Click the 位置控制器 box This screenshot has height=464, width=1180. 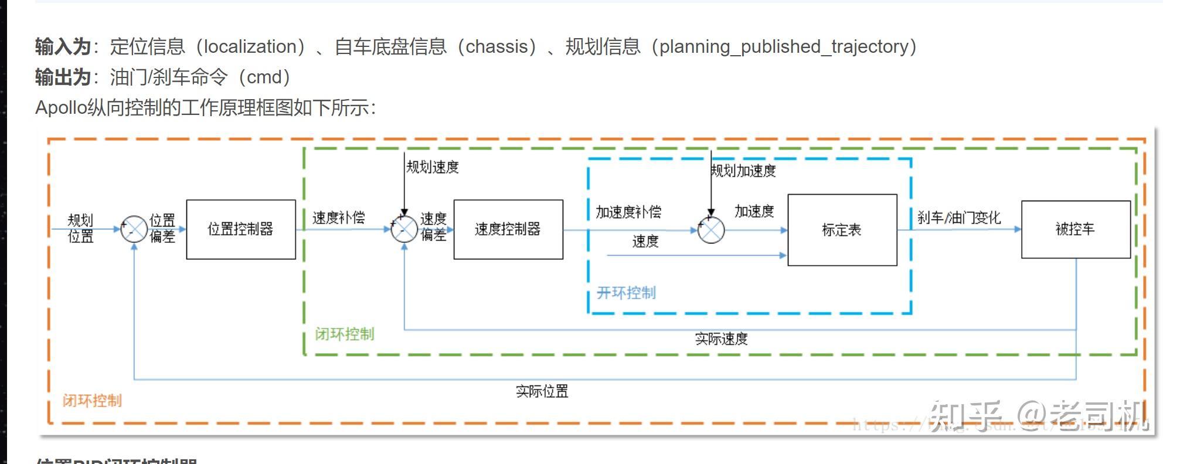(x=240, y=229)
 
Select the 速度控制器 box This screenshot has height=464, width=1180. (x=508, y=229)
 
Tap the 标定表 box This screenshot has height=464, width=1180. (x=842, y=230)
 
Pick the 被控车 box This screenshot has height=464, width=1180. (x=1075, y=229)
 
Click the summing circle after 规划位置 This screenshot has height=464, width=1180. (x=134, y=229)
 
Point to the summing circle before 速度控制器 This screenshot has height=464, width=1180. (x=404, y=229)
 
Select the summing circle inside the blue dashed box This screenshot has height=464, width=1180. (x=711, y=231)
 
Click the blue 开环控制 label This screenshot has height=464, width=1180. (x=626, y=293)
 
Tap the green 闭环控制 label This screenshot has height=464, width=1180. (x=344, y=334)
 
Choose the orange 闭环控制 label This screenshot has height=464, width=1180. (x=92, y=401)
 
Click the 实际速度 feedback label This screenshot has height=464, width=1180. (x=721, y=339)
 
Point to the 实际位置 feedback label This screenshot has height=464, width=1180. (x=542, y=391)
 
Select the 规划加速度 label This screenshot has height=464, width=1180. (x=743, y=171)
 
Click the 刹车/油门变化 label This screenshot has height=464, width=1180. (x=959, y=218)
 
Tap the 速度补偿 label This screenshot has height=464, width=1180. (x=338, y=218)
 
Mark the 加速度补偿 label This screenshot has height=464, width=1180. (x=628, y=212)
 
